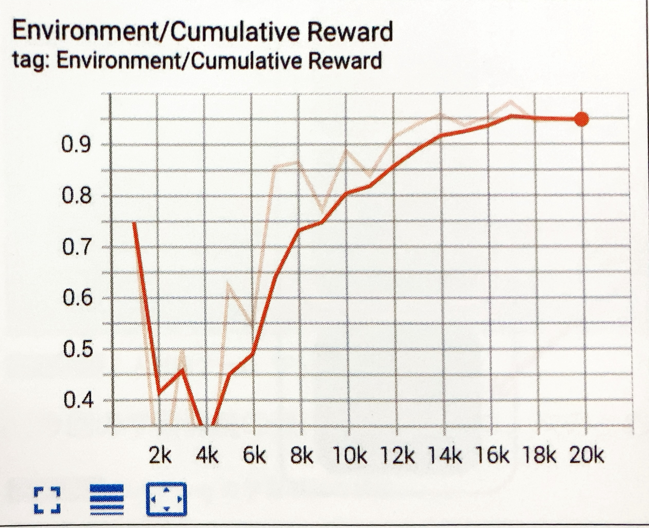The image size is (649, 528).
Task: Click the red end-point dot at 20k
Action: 581,119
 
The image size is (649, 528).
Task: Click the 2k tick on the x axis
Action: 160,455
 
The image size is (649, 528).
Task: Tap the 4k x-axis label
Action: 207,455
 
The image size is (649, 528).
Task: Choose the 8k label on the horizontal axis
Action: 301,455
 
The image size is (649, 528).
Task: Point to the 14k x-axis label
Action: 445,455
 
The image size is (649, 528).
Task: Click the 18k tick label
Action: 540,455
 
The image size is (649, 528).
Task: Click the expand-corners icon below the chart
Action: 47,500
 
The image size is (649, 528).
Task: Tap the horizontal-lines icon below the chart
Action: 107,500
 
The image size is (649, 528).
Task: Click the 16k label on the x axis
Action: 492,455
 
